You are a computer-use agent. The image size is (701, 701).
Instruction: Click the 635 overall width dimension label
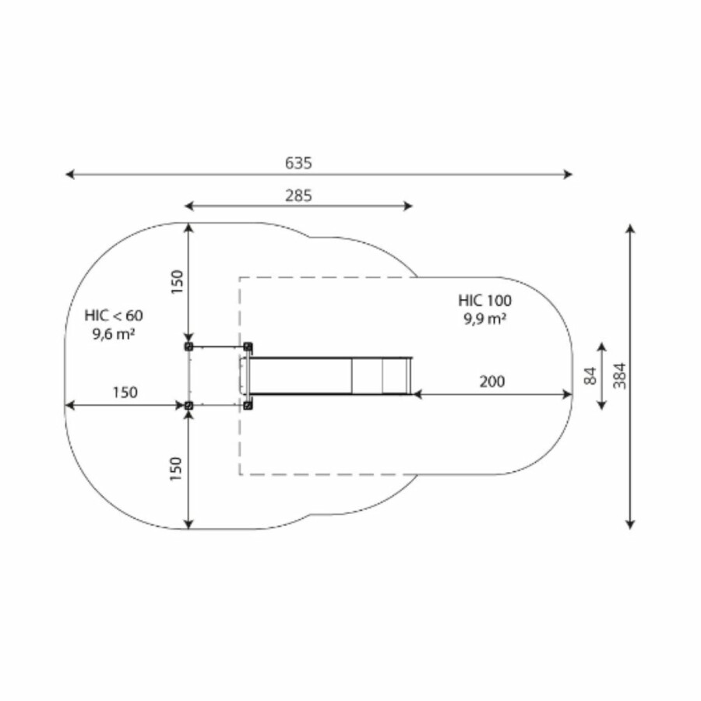[298, 164]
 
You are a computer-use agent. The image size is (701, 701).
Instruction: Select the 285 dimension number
[298, 196]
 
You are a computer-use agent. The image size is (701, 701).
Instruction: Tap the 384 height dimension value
[620, 375]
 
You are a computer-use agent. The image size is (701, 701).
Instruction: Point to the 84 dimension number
[590, 375]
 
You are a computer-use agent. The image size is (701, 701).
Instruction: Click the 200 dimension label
[492, 382]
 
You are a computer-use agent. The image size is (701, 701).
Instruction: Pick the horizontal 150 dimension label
[125, 393]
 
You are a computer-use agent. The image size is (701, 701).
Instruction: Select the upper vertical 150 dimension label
[177, 282]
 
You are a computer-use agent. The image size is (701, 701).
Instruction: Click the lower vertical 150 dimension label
[176, 469]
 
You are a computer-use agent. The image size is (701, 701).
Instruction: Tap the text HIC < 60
[114, 315]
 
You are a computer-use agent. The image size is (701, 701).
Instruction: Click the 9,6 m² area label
[114, 333]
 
